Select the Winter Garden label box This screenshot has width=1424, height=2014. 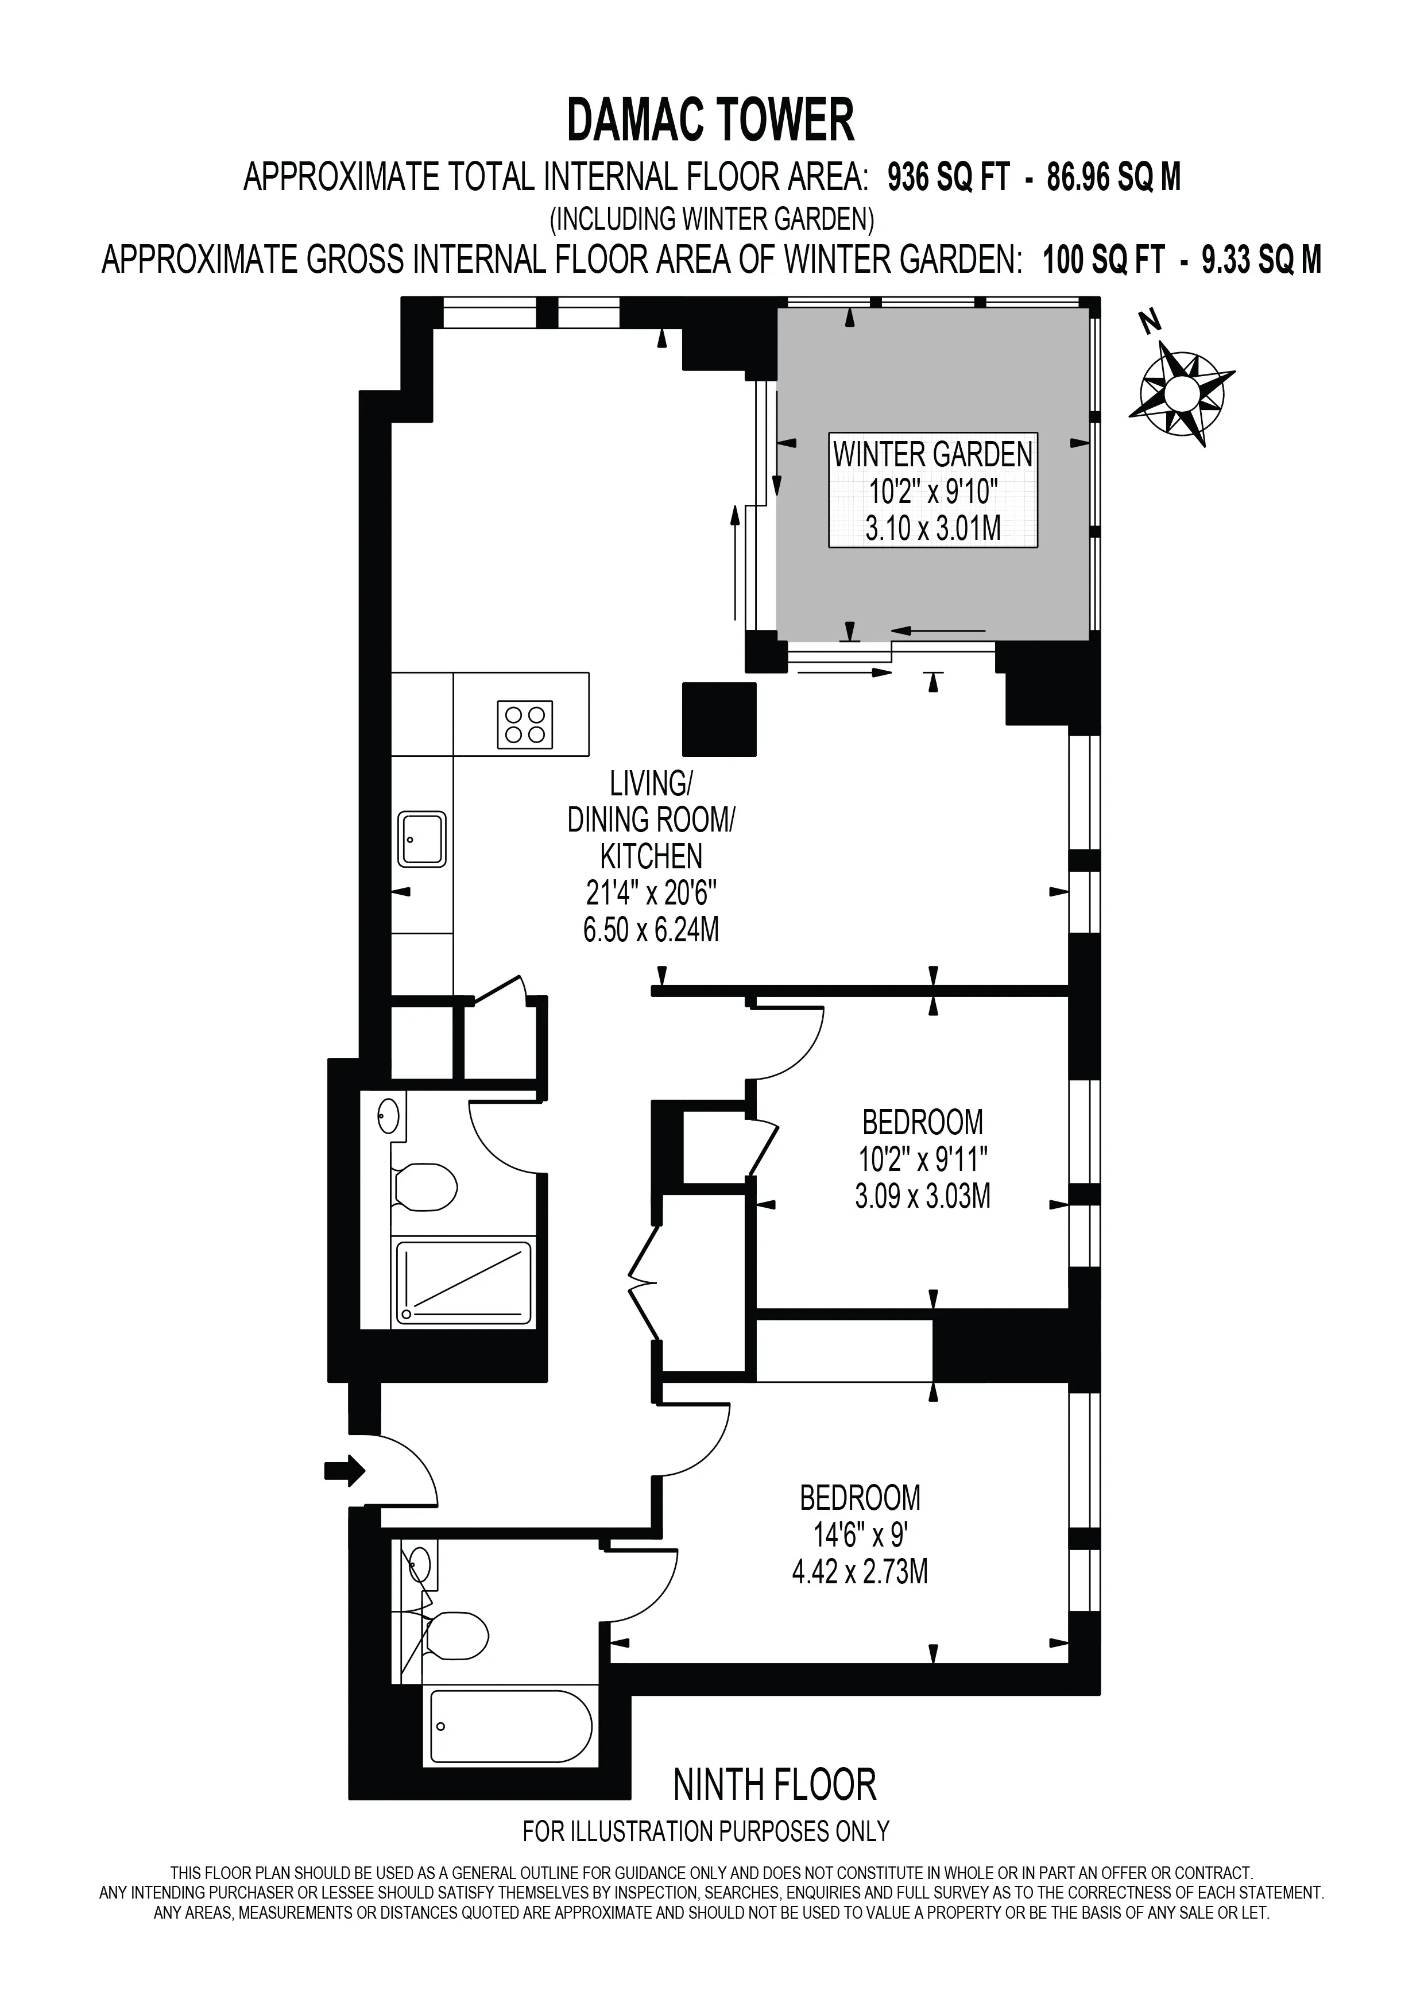point(933,490)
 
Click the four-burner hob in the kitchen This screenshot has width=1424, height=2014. point(524,725)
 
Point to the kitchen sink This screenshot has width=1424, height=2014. point(422,840)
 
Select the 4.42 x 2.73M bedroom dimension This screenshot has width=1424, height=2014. point(860,1572)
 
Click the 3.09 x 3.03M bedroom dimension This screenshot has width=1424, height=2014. point(923,1196)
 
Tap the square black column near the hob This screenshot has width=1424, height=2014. point(719,719)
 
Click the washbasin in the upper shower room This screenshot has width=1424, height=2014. point(389,1116)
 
